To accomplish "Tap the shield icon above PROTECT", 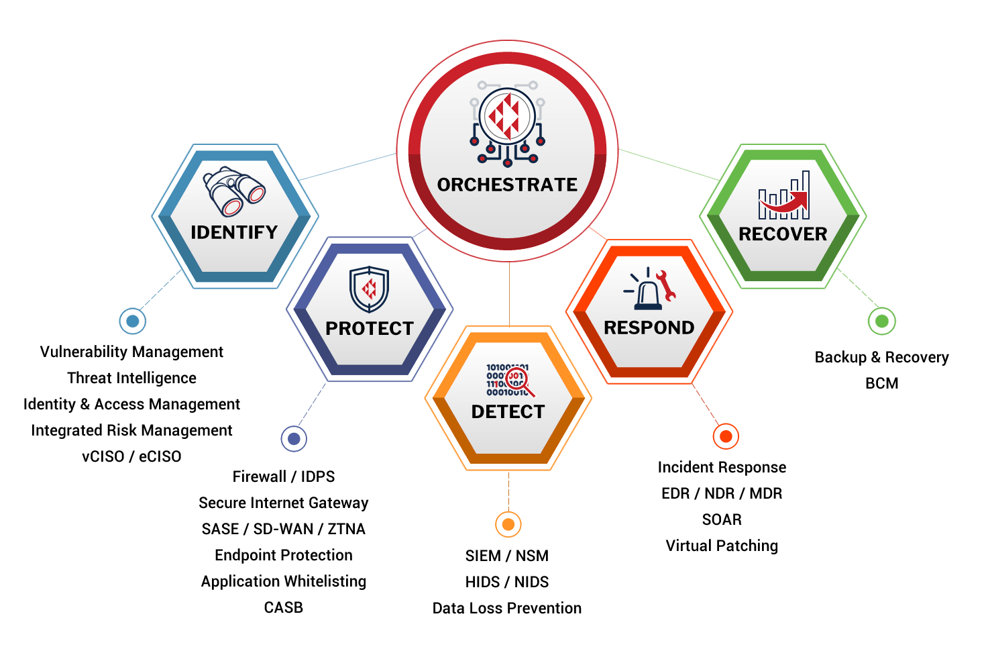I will click(x=369, y=289).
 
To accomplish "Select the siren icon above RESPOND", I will click(x=649, y=289).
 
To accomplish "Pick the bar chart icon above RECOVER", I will click(x=783, y=196).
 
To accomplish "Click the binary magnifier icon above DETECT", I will click(x=508, y=381).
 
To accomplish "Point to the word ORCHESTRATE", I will click(x=507, y=185).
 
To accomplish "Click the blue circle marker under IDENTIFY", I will click(x=133, y=321).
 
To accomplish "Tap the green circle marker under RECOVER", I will click(x=881, y=321).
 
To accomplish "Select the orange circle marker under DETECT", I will click(x=508, y=524).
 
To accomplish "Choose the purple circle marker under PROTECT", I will click(x=294, y=438).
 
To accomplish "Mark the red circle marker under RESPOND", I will click(x=725, y=436).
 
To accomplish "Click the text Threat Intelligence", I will click(x=132, y=378).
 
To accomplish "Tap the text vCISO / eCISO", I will click(x=131, y=456).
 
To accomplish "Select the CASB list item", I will click(x=283, y=607).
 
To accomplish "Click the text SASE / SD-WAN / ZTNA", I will click(x=283, y=529).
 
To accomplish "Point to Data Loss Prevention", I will click(x=507, y=608).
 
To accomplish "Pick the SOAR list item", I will click(x=722, y=519).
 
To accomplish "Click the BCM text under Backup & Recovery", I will click(x=881, y=383).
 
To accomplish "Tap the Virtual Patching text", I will click(x=722, y=546).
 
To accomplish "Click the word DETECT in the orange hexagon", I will click(x=508, y=411).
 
